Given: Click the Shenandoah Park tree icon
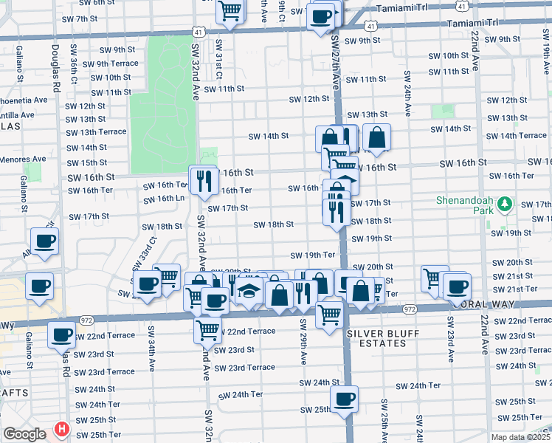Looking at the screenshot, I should coord(506,202).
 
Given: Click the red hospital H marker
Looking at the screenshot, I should coord(63,429).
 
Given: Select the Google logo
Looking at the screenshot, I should coord(24,434).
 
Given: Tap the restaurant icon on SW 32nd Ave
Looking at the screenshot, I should coord(202,179).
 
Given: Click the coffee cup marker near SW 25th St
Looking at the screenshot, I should coord(344,399).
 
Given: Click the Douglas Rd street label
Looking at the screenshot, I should coord(55,66).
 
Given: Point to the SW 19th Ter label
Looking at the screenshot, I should coord(313,255).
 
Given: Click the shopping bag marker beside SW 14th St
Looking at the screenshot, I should coord(376,137).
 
